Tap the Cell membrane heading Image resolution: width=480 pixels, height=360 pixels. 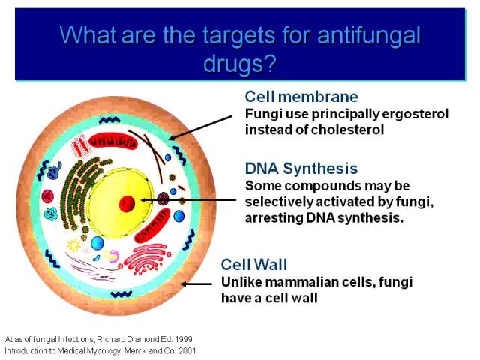(x=301, y=97)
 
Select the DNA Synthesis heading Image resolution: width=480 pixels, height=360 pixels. (x=301, y=169)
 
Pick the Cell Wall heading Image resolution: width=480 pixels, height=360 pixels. (x=254, y=265)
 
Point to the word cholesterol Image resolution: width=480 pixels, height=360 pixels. (x=348, y=130)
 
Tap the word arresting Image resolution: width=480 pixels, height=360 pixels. (x=274, y=218)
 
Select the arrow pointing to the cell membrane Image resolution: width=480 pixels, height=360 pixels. (x=200, y=128)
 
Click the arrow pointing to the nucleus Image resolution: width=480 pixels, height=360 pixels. (x=188, y=200)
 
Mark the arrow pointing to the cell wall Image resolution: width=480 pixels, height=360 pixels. (x=196, y=284)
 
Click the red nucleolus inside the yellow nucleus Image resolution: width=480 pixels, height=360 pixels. (x=127, y=203)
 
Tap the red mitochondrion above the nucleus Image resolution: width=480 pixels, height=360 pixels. (x=113, y=142)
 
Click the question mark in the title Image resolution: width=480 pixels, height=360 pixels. (x=270, y=63)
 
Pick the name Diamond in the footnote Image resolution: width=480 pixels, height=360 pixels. (x=144, y=339)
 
